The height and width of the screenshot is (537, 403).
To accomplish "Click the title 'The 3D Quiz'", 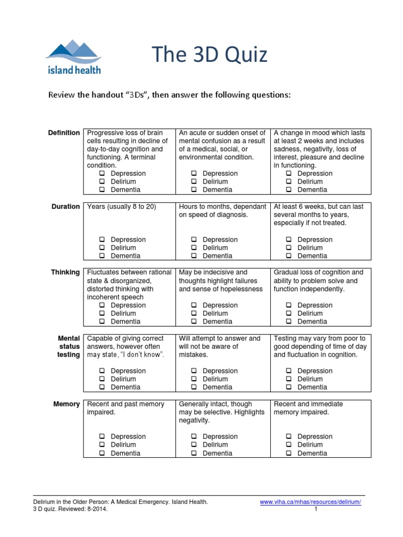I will coord(209,55).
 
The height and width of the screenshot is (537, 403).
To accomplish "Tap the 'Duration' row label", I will coord(66,207).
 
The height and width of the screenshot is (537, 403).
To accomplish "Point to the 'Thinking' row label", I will coord(66,272).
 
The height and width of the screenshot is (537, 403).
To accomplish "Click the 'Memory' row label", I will coord(67,404).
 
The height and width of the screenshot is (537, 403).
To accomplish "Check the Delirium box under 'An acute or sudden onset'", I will coord(194,181).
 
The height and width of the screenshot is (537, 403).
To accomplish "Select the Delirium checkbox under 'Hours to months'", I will coord(194,248).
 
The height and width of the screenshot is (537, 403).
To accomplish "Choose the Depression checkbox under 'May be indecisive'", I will coord(194,305).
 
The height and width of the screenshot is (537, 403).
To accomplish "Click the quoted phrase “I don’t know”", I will coord(141,355).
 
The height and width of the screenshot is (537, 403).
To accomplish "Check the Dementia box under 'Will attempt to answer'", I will coord(194,387).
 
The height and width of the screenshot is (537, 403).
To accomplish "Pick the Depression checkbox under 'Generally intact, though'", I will coord(194,436).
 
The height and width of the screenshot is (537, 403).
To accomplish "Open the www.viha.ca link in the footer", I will coord(311,502).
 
